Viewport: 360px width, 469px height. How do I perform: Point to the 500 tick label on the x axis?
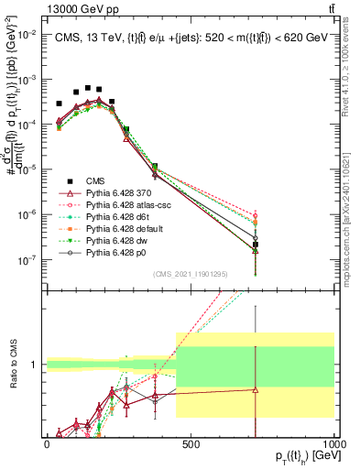[x=191, y=443]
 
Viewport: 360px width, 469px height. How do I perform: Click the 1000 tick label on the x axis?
[x=334, y=443]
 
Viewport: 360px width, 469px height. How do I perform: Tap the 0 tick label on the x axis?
[x=47, y=443]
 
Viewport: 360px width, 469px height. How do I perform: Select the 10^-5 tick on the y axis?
[x=27, y=169]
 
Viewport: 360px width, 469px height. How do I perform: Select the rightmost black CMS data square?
[x=256, y=245]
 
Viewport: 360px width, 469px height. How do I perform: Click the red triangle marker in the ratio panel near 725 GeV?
[x=256, y=389]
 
